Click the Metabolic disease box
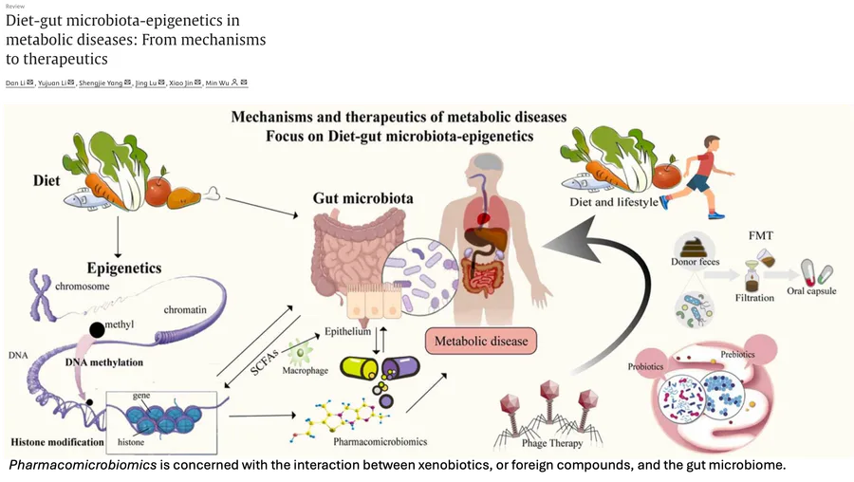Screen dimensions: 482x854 [x=480, y=341]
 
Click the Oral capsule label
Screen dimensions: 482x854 [x=811, y=291]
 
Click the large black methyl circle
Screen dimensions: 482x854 [x=96, y=331]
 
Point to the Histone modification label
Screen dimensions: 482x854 [x=57, y=442]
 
